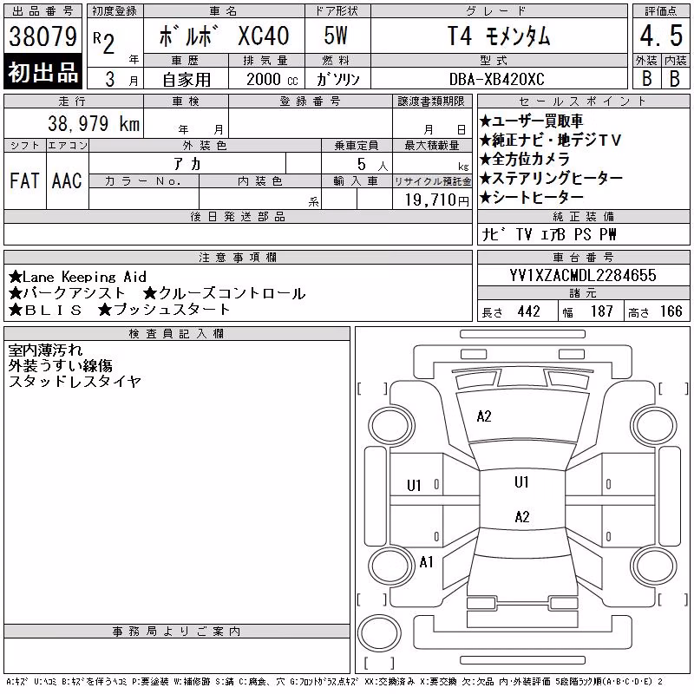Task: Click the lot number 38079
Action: tap(43, 36)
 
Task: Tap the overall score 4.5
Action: tap(661, 36)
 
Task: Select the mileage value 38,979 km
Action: tap(94, 123)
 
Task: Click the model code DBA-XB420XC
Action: tap(496, 79)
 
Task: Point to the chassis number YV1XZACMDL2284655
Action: tap(583, 275)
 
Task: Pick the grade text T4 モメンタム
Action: tap(498, 36)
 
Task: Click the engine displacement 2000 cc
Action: tap(272, 80)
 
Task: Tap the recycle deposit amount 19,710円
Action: tap(437, 200)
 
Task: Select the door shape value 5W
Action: tap(336, 36)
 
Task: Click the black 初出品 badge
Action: tap(43, 72)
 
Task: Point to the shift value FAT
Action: tap(24, 180)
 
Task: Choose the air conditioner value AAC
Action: tap(67, 180)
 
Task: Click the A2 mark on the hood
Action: tap(484, 416)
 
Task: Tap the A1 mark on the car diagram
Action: tap(426, 562)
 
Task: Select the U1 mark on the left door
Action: tap(414, 486)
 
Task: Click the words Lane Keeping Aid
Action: tap(84, 277)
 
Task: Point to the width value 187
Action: tap(601, 311)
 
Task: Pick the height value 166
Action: tap(671, 311)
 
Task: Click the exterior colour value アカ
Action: tap(187, 164)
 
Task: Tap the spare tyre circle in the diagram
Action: tap(379, 633)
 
